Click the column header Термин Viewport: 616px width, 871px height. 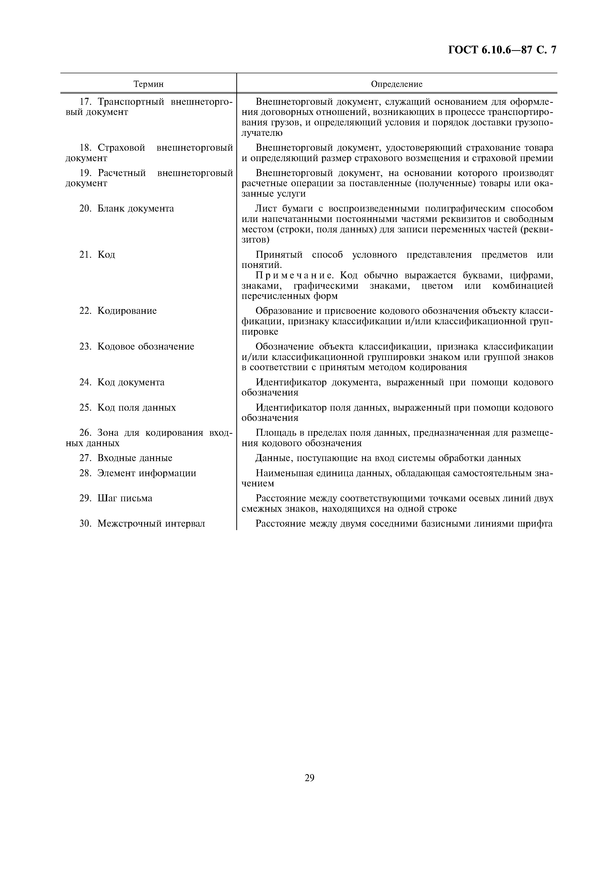pyautogui.click(x=148, y=84)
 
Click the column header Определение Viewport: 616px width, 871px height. pyautogui.click(x=396, y=84)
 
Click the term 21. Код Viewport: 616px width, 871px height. pyautogui.click(x=97, y=254)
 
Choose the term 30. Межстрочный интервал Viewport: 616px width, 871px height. pyautogui.click(x=142, y=523)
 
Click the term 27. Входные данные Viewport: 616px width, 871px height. pyautogui.click(x=126, y=458)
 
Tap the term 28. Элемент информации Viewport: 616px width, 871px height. pyautogui.click(x=138, y=473)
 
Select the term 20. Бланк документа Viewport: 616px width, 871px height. pyautogui.click(x=126, y=208)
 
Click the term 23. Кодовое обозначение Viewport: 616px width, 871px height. pyautogui.click(x=137, y=346)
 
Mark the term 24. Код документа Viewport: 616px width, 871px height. pyautogui.click(x=122, y=382)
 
